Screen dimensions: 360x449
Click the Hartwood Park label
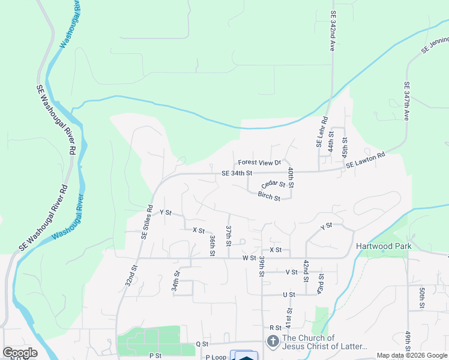click(x=382, y=246)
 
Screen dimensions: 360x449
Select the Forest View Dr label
click(x=259, y=163)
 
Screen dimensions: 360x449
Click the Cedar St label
click(x=274, y=185)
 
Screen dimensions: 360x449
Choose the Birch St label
click(x=269, y=196)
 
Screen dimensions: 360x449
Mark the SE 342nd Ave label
click(x=332, y=29)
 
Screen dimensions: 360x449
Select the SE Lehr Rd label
click(x=321, y=133)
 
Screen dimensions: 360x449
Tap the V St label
click(x=292, y=272)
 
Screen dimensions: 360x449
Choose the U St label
click(x=289, y=295)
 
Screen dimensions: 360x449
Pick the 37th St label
click(x=229, y=236)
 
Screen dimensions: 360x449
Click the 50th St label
click(x=422, y=298)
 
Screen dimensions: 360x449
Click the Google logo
click(x=20, y=353)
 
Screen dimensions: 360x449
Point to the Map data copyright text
click(x=411, y=355)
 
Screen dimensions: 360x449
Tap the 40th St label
click(x=291, y=178)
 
